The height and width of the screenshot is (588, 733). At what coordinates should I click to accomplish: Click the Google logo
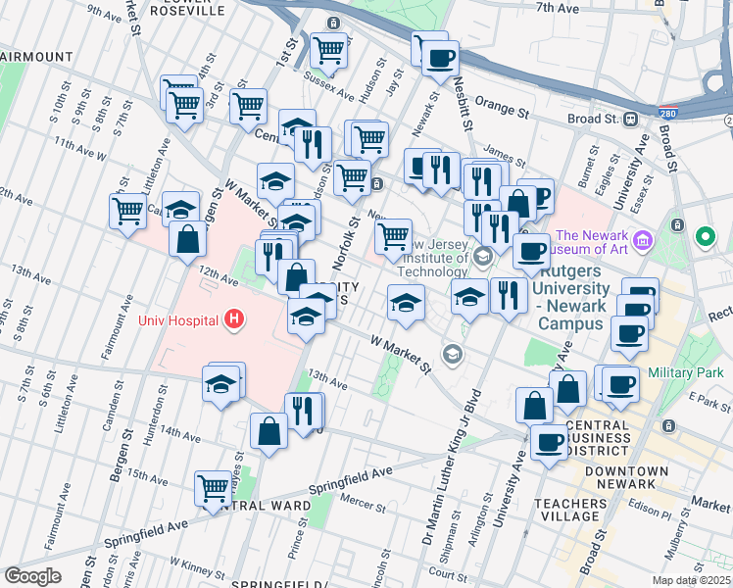(33, 576)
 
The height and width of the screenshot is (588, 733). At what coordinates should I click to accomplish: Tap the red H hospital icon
(233, 318)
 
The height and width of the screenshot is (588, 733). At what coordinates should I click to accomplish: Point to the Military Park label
(687, 372)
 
